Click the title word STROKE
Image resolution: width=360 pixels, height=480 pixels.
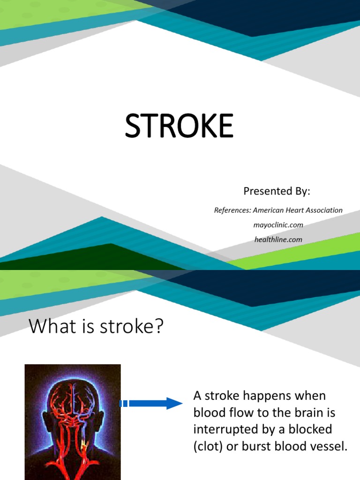click(179, 127)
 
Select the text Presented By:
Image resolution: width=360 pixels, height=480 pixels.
click(277, 191)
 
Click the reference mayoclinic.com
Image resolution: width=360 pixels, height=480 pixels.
click(278, 225)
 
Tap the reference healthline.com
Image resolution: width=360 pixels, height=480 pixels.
click(278, 240)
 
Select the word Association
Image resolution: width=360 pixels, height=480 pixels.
click(325, 210)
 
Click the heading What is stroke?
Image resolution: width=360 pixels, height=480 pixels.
click(96, 327)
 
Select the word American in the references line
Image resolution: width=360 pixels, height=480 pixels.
click(269, 210)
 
